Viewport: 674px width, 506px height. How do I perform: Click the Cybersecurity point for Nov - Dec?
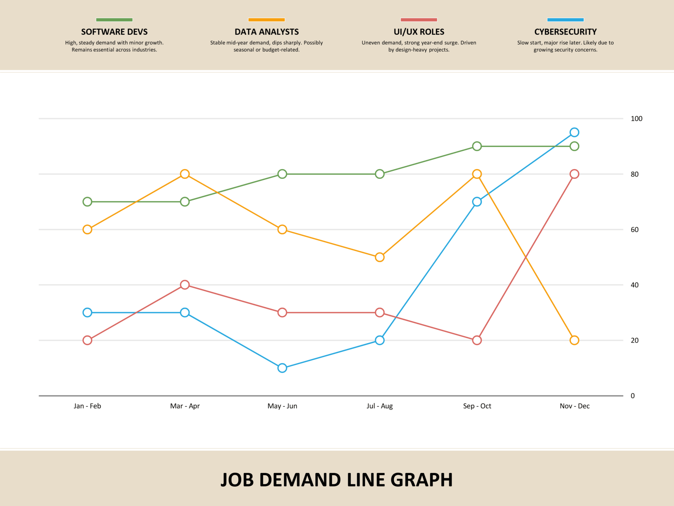pos(574,132)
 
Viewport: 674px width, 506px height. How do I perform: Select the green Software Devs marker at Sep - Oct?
pos(477,146)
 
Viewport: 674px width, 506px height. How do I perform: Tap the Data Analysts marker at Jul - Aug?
pos(379,257)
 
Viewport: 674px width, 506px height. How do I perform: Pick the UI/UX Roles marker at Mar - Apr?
pos(185,285)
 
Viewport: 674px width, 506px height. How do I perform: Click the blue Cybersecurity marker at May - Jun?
pos(282,368)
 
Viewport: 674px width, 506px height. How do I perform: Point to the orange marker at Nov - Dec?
pos(574,340)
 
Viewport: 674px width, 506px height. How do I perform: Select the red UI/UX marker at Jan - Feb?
pos(87,340)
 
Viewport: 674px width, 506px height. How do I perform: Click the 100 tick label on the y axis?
pos(636,119)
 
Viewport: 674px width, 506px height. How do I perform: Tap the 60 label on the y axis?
pos(634,229)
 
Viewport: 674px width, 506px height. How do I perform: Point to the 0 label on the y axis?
pos(633,396)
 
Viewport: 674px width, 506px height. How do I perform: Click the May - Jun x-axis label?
pos(282,406)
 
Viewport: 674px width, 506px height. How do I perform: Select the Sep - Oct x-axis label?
pos(477,406)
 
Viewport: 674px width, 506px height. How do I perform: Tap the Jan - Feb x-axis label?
pos(87,406)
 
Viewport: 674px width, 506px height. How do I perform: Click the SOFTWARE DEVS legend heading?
pos(114,32)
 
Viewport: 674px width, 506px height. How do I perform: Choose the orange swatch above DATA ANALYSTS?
pos(266,20)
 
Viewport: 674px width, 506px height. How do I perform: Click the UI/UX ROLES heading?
pos(419,32)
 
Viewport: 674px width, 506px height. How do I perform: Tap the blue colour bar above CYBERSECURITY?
pos(565,20)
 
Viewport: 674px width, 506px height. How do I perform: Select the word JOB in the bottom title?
pos(237,480)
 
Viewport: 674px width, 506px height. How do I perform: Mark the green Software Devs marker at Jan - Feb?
pos(87,202)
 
